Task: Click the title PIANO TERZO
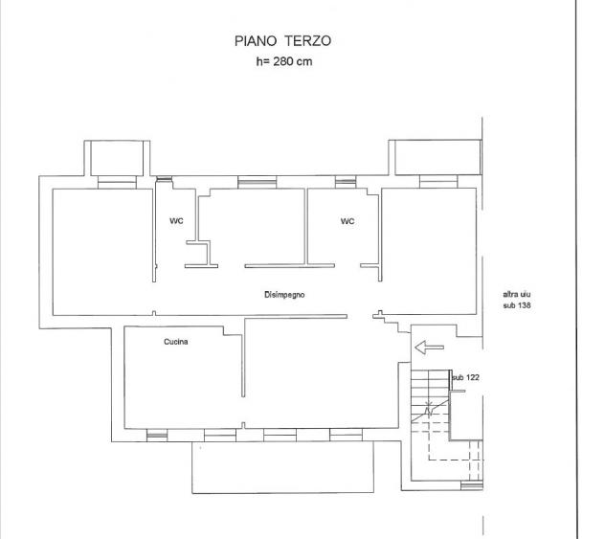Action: point(282,41)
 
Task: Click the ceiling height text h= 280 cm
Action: point(284,61)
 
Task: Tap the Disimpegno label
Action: point(284,295)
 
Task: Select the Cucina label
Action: point(176,342)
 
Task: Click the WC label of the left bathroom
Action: point(176,221)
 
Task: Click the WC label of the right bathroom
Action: point(347,221)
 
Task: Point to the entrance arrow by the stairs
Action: point(429,348)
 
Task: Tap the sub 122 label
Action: point(465,377)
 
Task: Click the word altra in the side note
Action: point(511,294)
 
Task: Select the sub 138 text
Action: point(517,305)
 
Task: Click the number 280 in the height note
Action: point(283,61)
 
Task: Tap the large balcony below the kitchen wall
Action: point(282,467)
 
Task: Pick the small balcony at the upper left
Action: point(117,158)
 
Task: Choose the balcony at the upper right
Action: point(436,157)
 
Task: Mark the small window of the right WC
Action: point(346,182)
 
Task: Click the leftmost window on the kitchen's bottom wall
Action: point(157,435)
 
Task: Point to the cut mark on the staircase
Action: point(429,409)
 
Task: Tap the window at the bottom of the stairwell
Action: point(472,485)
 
